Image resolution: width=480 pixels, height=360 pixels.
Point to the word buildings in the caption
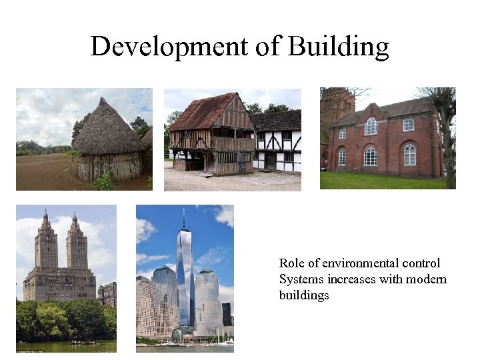coord(304,295)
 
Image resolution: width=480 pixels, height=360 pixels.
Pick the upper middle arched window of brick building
coord(371,126)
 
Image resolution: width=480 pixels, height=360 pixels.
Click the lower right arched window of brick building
coord(409,155)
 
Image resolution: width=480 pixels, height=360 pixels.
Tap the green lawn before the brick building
coord(380,181)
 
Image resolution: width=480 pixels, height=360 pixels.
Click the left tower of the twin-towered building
coord(46,243)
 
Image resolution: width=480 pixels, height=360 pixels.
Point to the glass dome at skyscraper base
coord(178,335)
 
